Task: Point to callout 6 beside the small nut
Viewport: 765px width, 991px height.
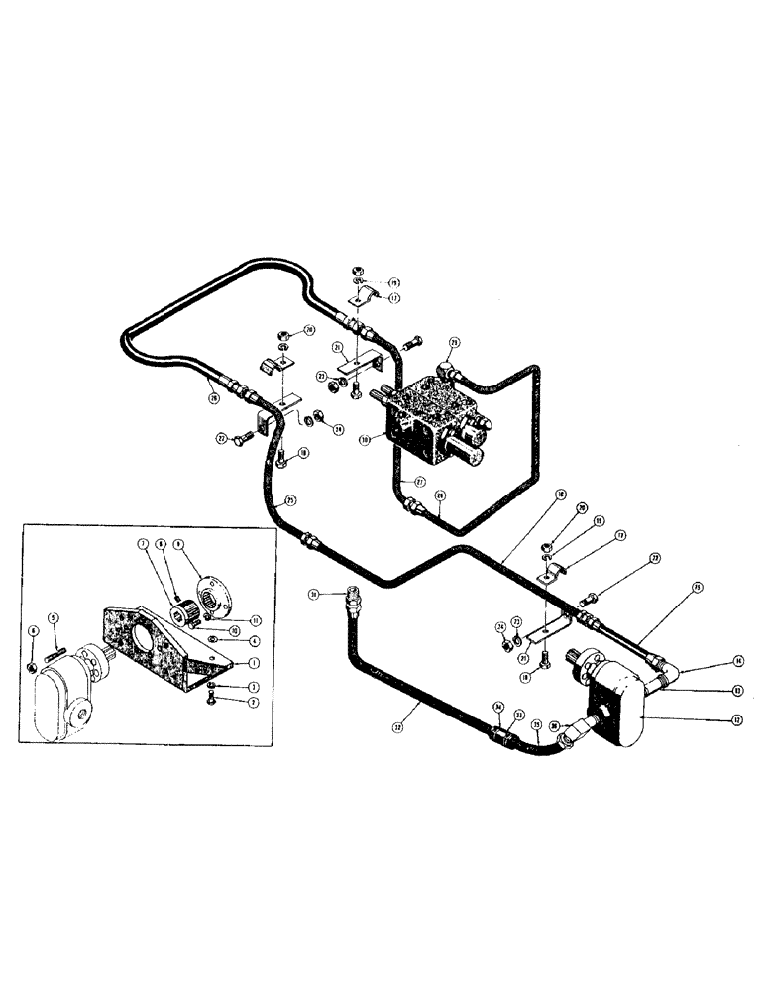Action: (34, 631)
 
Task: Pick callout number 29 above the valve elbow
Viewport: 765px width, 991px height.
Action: (454, 344)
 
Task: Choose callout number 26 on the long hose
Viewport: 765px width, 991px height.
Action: (212, 399)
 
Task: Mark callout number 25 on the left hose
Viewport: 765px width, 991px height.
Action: (290, 498)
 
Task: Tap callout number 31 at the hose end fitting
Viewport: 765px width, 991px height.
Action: (314, 595)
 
